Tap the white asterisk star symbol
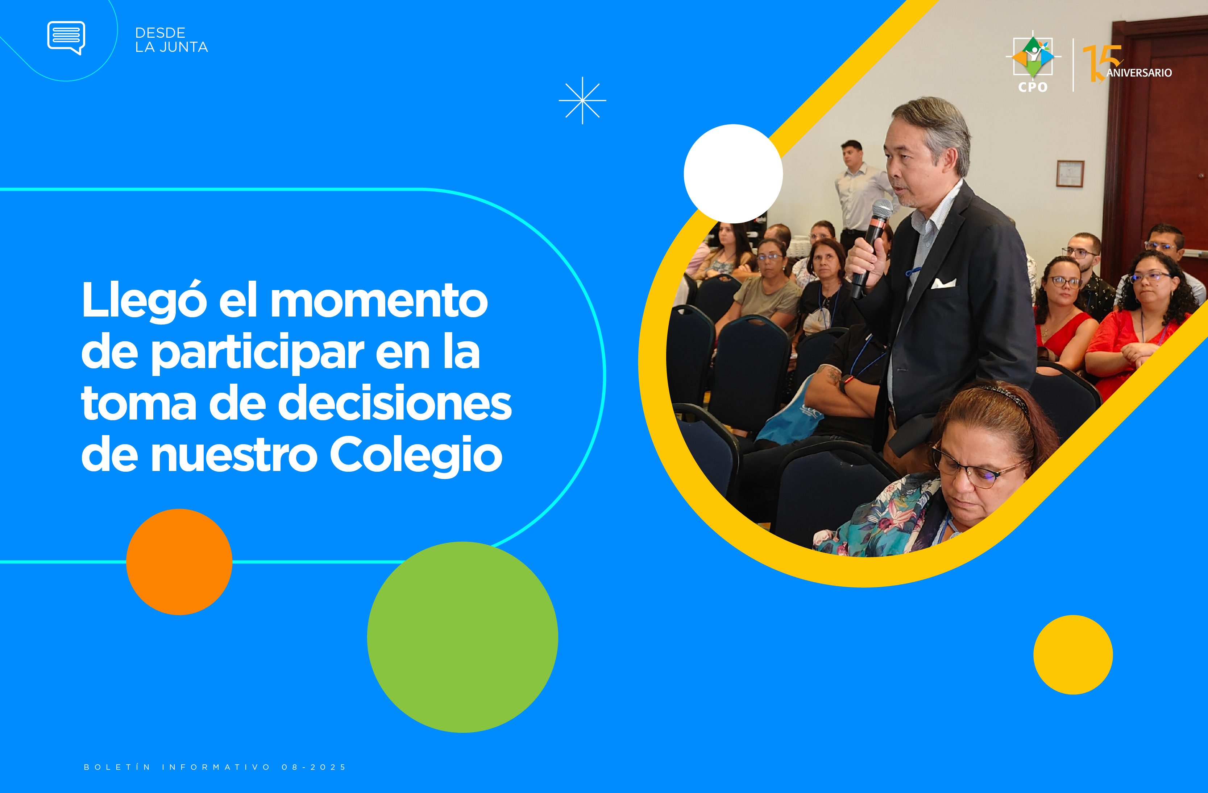point(582,100)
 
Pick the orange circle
point(179,562)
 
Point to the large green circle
point(462,637)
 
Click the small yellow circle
point(1073,654)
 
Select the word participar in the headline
point(258,353)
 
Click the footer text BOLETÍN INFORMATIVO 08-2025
point(215,767)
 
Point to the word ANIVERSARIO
point(1139,73)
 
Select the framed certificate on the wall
point(1070,174)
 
